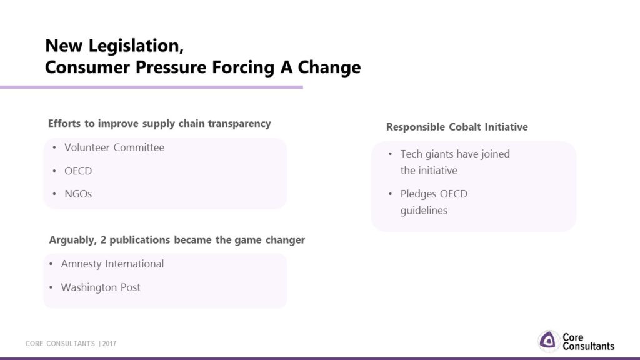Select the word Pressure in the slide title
coord(171,67)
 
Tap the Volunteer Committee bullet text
coord(114,147)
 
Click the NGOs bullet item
coord(78,194)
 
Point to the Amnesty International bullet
coord(112,264)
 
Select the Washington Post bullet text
coord(101,287)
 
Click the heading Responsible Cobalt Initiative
coord(457,127)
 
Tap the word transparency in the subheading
coord(239,124)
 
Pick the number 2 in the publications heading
coord(103,240)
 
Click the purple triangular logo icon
coord(548,341)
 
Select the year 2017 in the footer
coord(109,344)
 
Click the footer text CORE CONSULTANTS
coord(60,344)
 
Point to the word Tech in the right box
coord(411,154)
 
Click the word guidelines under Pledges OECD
coord(424,211)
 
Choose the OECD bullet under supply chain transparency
coord(78,171)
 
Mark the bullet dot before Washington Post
coord(51,287)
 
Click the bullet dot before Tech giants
coord(390,154)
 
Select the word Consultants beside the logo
coord(588,346)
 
